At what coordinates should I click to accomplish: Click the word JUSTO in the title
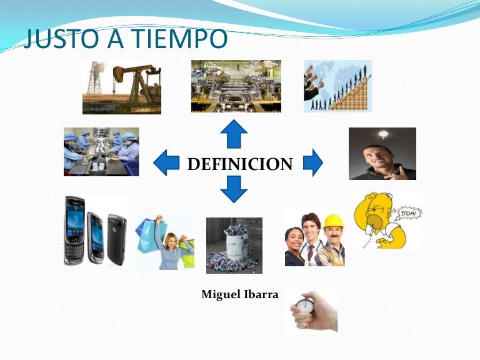tap(54, 39)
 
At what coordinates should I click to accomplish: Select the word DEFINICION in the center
tap(240, 164)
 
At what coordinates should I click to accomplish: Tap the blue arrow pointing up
tap(234, 134)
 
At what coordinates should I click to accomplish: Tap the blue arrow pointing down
tap(234, 189)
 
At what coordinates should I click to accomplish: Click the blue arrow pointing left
tap(166, 162)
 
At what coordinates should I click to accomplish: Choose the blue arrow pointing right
tap(312, 162)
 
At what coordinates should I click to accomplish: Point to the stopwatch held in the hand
tap(304, 306)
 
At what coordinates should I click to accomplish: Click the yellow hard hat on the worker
tap(333, 221)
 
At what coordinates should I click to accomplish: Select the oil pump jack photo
tap(122, 87)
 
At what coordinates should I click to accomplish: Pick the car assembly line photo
tap(236, 86)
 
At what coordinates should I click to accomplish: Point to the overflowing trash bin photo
tap(234, 245)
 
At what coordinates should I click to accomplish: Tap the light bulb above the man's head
tap(382, 134)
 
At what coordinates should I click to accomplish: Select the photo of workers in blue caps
tap(101, 152)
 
